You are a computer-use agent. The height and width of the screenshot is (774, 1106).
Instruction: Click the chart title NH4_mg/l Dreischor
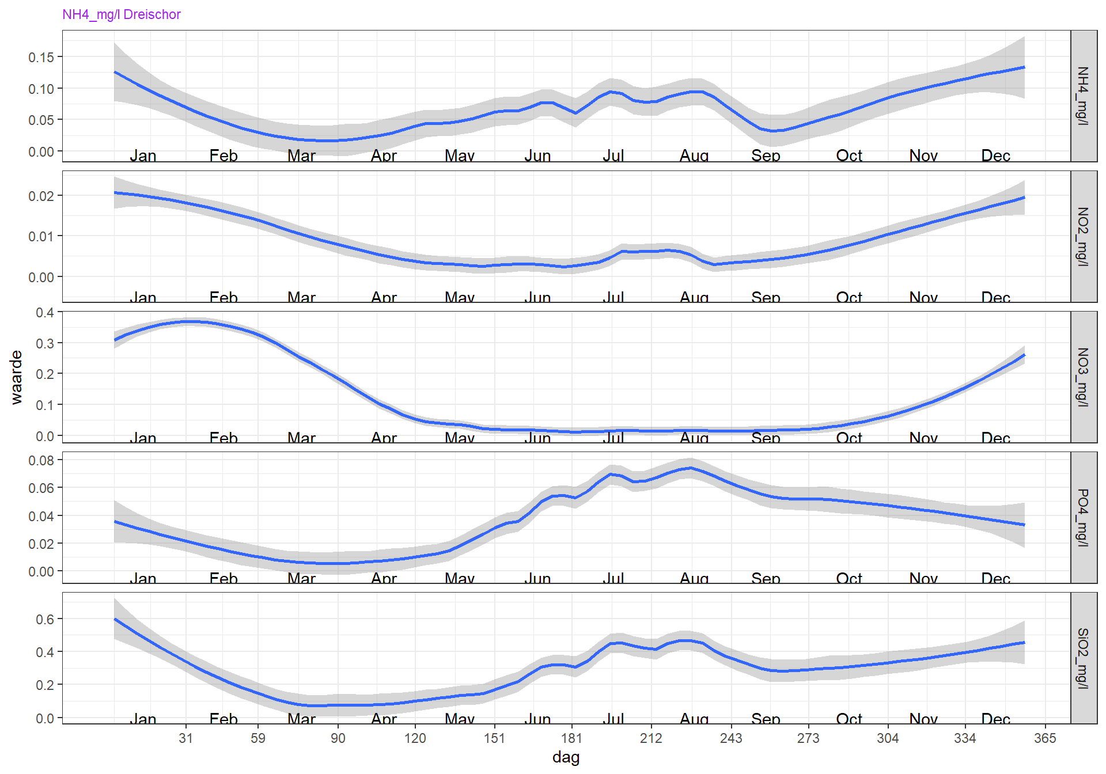point(122,14)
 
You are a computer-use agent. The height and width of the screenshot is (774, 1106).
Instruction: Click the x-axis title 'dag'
point(566,757)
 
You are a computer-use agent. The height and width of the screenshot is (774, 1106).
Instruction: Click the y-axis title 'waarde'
point(16,377)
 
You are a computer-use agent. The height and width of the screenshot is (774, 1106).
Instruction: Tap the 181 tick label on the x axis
point(571,738)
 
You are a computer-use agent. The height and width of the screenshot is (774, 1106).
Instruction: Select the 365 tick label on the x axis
point(1045,738)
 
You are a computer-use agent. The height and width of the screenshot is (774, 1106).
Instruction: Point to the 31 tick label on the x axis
point(185,738)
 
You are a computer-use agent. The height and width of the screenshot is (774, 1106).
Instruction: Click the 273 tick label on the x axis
point(808,738)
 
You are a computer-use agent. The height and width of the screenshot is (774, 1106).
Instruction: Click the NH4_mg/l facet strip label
point(1084,96)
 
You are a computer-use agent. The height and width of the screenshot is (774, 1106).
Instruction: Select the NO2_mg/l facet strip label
point(1084,236)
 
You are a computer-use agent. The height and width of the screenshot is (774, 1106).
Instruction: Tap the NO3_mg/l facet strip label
point(1084,377)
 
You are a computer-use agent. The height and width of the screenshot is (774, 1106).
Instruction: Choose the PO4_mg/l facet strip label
point(1084,517)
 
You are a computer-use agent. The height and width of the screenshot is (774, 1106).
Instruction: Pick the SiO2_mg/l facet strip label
point(1084,658)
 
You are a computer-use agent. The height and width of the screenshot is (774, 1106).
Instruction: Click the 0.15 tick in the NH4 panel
point(41,57)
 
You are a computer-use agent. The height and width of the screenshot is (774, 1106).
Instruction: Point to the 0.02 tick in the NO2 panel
point(41,196)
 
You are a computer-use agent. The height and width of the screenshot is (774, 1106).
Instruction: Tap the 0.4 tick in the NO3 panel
point(44,312)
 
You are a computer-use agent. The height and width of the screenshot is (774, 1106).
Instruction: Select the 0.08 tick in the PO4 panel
point(41,460)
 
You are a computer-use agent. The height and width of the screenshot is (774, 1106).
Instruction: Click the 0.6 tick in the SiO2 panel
point(44,619)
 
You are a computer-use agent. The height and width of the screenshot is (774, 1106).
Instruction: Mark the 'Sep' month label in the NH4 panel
point(766,155)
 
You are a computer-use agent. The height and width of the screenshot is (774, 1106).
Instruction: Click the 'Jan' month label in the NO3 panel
point(143,438)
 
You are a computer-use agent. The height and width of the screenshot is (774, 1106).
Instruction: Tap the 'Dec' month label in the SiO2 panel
point(995,719)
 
